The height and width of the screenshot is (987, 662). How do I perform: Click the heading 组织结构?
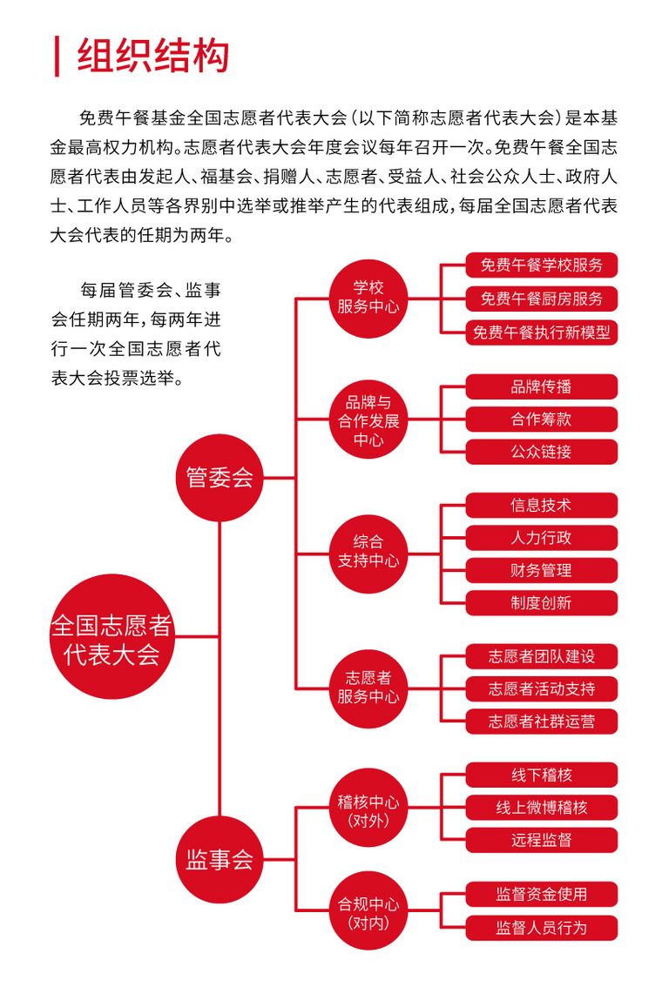tap(153, 56)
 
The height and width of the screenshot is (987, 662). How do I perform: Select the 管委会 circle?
tap(220, 477)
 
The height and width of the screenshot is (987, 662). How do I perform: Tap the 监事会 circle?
tap(220, 859)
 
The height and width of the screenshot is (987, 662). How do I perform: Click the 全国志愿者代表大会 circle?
tap(111, 636)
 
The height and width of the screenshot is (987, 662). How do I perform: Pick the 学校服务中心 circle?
tap(368, 298)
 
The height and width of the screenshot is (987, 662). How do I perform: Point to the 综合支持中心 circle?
tap(368, 554)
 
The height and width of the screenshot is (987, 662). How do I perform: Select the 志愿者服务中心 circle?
tap(368, 688)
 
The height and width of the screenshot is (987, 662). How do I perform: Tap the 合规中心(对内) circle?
tap(368, 910)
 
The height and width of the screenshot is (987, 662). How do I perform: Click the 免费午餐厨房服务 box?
tap(541, 299)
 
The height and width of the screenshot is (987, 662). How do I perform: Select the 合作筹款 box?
tap(541, 420)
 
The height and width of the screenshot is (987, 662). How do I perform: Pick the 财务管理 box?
tap(541, 570)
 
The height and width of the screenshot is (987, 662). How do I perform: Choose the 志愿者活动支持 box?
tap(541, 688)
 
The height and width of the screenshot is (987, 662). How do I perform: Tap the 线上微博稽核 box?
tap(541, 807)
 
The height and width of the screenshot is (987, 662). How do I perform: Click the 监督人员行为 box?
tap(541, 928)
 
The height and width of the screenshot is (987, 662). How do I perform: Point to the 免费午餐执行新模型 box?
tap(541, 332)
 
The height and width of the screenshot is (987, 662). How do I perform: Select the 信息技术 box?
tap(541, 505)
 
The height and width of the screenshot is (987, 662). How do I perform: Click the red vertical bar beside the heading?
tap(57, 57)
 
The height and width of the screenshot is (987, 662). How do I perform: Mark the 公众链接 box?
tap(541, 452)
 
